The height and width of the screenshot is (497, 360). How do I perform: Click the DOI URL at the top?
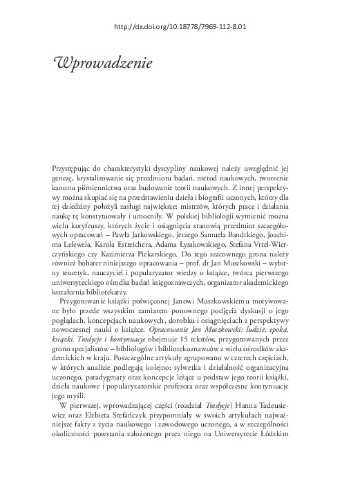tap(180, 28)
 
